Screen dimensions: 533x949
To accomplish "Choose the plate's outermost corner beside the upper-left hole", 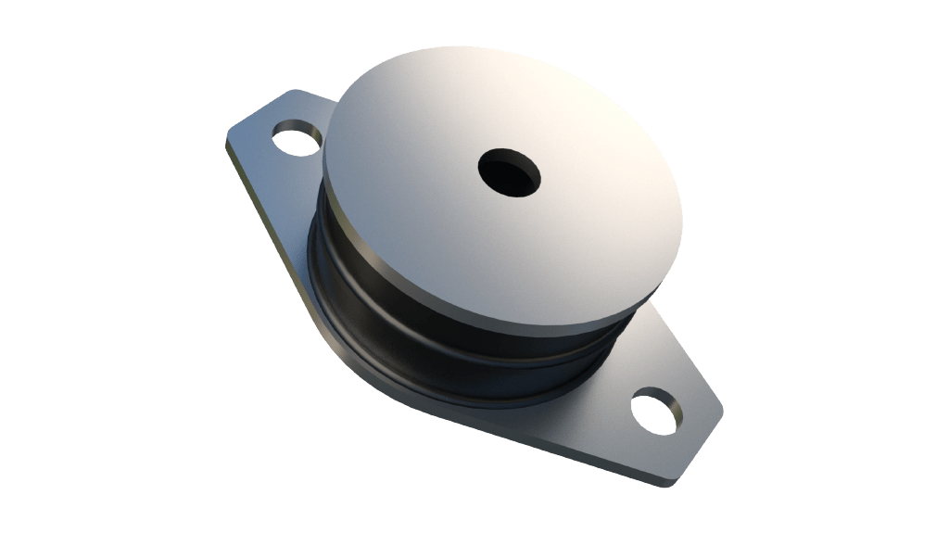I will (232, 139).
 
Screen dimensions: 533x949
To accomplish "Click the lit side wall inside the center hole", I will (521, 180).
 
